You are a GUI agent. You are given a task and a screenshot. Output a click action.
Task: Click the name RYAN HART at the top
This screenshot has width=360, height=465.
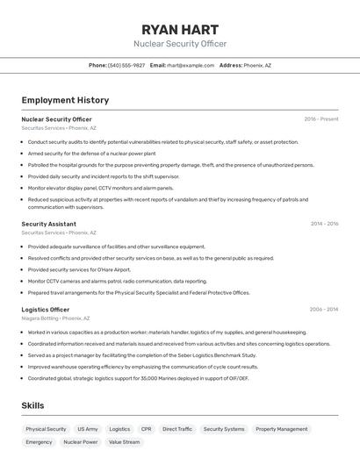179,30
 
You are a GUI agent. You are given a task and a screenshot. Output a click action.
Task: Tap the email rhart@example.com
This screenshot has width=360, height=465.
191,65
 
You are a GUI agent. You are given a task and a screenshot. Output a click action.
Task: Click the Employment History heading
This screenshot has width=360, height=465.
65,100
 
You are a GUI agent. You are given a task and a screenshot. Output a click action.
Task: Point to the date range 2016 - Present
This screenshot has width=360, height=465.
320,118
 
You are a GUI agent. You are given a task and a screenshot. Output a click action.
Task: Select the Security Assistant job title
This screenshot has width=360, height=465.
48,224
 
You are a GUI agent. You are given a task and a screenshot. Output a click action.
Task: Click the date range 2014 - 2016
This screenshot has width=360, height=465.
324,224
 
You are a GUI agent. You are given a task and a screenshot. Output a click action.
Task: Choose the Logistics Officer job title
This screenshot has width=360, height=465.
46,310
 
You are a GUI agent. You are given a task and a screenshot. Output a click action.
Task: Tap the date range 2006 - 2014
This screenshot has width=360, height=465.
324,310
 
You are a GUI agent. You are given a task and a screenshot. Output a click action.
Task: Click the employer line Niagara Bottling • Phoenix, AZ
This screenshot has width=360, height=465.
55,318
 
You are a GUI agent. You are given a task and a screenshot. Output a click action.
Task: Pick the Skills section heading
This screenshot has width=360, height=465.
32,405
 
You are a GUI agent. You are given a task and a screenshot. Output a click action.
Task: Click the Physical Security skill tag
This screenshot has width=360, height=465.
46,429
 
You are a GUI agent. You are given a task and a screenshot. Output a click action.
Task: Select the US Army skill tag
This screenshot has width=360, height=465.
88,429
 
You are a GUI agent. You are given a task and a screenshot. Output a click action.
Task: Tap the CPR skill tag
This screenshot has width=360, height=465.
146,429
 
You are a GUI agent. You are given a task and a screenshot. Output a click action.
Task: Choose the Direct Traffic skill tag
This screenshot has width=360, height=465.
177,429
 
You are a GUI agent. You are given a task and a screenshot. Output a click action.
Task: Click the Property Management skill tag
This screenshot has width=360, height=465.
281,429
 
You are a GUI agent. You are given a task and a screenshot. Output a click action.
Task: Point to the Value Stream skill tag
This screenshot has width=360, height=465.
124,442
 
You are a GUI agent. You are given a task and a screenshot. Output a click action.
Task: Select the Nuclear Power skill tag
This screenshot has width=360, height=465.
80,442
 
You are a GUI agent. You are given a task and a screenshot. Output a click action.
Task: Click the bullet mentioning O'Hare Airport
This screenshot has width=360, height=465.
78,269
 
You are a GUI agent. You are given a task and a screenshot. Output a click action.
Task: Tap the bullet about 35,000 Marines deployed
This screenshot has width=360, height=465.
138,378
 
